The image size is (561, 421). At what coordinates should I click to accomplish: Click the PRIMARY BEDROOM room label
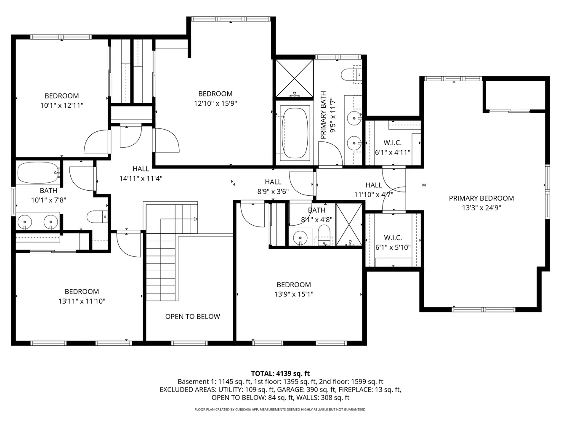[x=481, y=198]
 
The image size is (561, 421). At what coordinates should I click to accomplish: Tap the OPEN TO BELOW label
[x=192, y=317]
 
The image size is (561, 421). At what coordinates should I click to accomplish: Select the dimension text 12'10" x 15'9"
[x=215, y=103]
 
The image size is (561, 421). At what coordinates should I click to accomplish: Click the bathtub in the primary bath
[x=294, y=133]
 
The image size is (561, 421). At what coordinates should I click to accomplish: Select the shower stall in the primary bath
[x=294, y=78]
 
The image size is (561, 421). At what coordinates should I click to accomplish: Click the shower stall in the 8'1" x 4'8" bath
[x=349, y=224]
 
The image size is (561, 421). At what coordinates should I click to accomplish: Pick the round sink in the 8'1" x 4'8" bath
[x=300, y=237]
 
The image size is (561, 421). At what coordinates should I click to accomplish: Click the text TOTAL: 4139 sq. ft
[x=280, y=373]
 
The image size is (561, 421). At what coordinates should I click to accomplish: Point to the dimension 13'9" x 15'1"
[x=294, y=294]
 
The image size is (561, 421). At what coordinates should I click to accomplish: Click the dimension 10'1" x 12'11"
[x=62, y=105]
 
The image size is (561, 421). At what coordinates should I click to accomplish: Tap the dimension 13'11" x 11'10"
[x=82, y=301]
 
